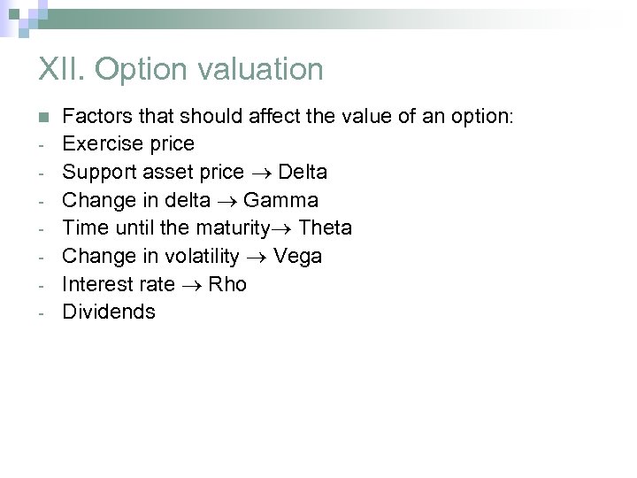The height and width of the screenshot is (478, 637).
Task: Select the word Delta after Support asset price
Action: coord(303,171)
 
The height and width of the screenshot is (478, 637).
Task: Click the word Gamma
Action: coord(280,199)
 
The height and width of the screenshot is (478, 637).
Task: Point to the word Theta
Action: coord(325,227)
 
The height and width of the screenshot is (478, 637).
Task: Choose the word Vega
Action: coord(298,256)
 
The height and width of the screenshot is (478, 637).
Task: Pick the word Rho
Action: coord(227,284)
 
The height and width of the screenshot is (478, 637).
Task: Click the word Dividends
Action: coord(109,312)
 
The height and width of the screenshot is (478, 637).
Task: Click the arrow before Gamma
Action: coord(231,200)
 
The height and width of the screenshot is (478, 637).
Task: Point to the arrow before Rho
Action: coord(192,285)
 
